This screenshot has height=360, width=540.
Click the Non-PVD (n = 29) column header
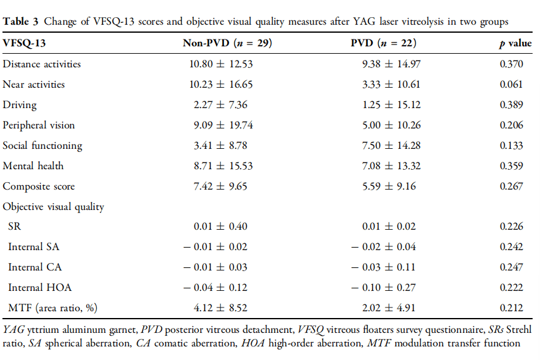pyautogui.click(x=227, y=44)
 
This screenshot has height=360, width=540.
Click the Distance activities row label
pyautogui.click(x=42, y=64)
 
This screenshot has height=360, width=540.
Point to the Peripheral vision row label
pyautogui.click(x=39, y=125)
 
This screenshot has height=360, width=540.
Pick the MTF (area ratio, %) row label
pyautogui.click(x=52, y=308)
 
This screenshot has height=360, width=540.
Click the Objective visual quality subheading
pyautogui.click(x=53, y=207)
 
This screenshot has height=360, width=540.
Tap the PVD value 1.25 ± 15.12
pyautogui.click(x=386, y=104)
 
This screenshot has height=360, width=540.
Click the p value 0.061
pyautogui.click(x=510, y=84)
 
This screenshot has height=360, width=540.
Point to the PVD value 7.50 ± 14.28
pyautogui.click(x=386, y=145)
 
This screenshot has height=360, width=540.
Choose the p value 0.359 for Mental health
pyautogui.click(x=510, y=165)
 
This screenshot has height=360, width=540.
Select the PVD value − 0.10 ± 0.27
pyautogui.click(x=383, y=287)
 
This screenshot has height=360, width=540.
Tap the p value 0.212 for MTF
pyautogui.click(x=510, y=308)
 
